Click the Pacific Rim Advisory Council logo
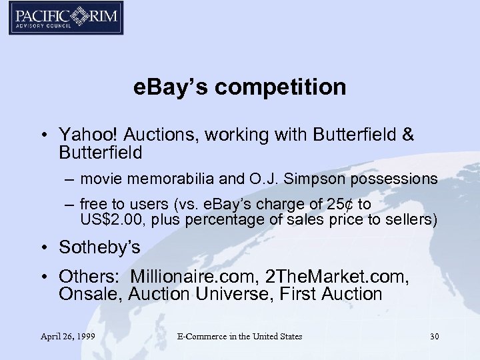coord(66,18)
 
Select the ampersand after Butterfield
coord(407,135)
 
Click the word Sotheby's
coord(99,247)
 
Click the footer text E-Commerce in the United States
coord(239,336)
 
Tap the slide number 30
coord(434,336)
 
